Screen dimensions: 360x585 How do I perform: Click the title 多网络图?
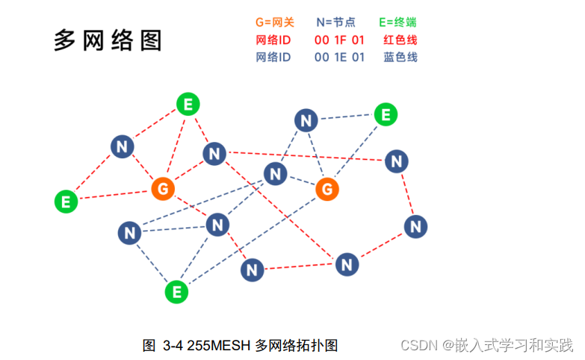coord(108,40)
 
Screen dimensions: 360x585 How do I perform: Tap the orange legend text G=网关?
coord(275,23)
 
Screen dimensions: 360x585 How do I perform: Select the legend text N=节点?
coord(336,23)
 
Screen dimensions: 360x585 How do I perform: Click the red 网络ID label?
coord(273,40)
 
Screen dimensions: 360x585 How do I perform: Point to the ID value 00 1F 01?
coord(339,40)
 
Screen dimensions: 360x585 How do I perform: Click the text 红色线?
coord(400,40)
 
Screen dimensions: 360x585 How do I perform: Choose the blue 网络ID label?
coord(273,58)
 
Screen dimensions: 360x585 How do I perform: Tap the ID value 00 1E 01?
coord(339,58)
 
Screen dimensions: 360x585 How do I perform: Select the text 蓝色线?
coord(400,58)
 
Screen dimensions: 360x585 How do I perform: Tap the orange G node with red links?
coord(163,188)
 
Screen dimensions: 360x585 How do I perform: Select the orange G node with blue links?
coord(326,189)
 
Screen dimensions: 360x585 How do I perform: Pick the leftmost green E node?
coord(66,201)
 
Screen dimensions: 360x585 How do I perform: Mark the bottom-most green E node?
coord(177,292)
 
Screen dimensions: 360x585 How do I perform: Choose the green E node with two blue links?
coord(386,115)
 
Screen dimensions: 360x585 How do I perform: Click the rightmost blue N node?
coord(416,226)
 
